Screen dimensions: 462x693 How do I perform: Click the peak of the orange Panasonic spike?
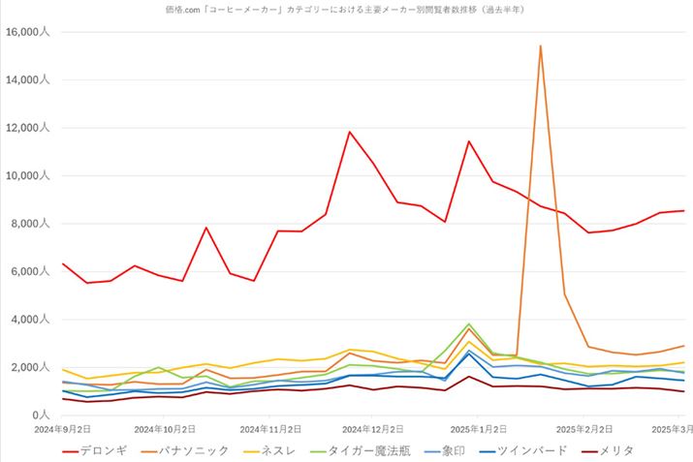click(540, 46)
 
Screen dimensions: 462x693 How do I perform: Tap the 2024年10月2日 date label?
click(165, 427)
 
